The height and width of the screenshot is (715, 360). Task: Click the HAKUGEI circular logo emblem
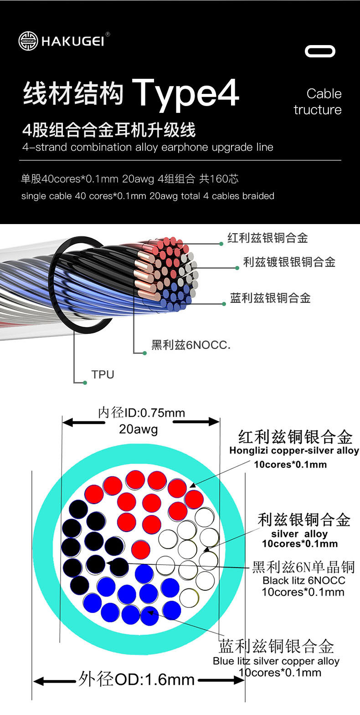28,41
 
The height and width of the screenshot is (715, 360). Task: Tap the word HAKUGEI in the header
73,41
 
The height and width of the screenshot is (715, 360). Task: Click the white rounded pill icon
320,51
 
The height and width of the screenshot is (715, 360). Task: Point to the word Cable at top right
324,94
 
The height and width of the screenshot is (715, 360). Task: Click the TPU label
103,375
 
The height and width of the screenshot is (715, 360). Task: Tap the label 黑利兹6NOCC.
191,345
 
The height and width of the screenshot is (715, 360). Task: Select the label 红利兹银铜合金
267,238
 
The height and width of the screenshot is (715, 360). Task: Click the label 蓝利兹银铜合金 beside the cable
270,298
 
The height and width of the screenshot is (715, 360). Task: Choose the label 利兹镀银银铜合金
289,262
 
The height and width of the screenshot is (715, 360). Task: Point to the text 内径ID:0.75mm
141,413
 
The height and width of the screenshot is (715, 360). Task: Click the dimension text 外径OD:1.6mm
137,679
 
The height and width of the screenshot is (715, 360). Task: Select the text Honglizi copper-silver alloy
294,451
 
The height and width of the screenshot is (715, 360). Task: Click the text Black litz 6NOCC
303,581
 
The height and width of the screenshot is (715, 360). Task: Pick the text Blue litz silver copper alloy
276,661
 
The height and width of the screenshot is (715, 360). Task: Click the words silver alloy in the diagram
299,534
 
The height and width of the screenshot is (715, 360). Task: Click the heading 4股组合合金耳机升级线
109,131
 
